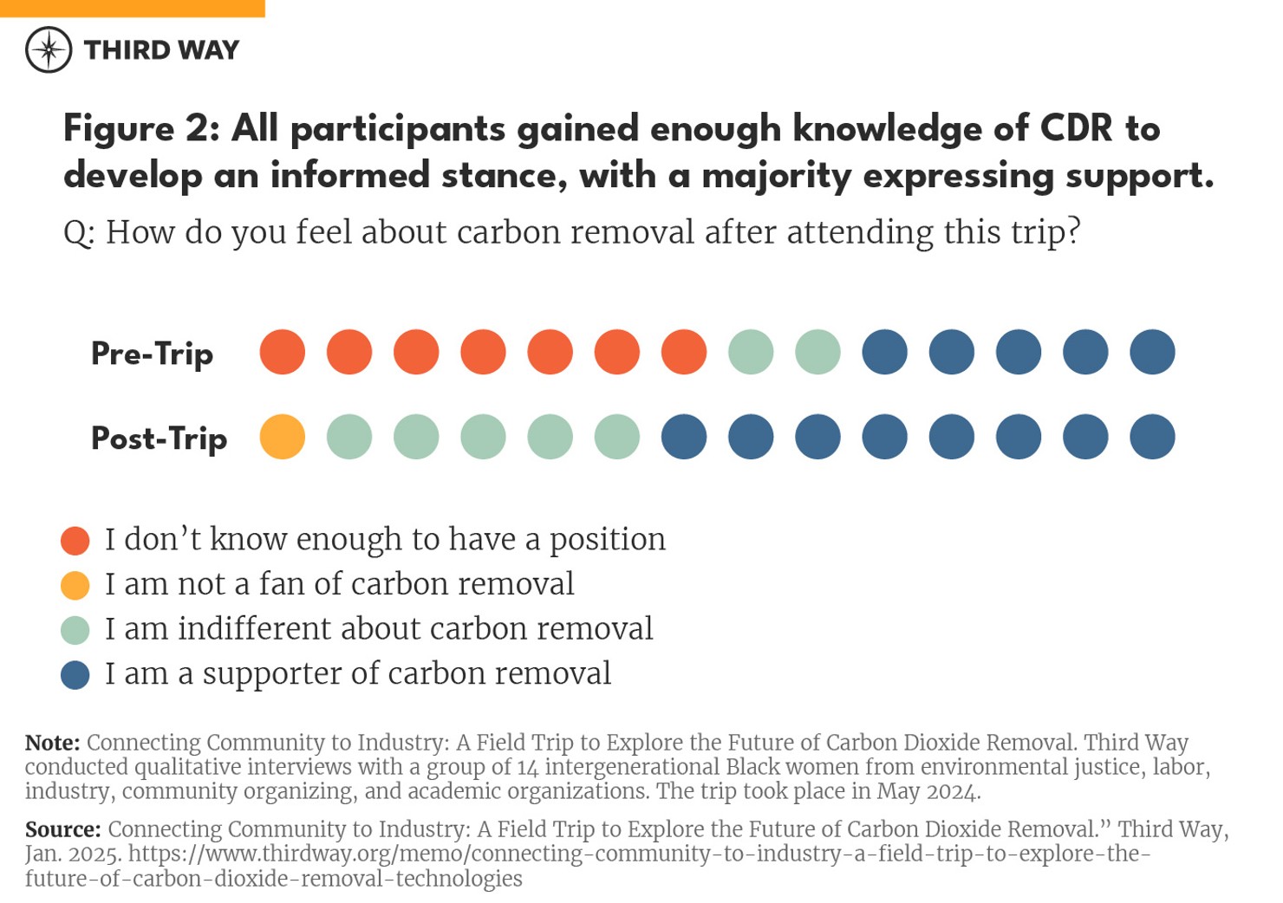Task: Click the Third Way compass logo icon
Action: (49, 49)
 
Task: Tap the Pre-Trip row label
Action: (152, 354)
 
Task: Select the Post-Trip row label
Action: (159, 438)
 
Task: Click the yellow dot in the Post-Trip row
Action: (283, 437)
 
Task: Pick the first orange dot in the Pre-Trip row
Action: (283, 352)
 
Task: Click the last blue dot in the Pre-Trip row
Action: (1152, 352)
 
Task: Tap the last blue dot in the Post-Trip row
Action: (1152, 437)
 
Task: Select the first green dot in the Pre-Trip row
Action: (751, 352)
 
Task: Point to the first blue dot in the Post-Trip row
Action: (684, 437)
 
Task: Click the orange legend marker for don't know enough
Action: (75, 540)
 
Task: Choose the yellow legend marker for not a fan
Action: (75, 585)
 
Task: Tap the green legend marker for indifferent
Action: (75, 630)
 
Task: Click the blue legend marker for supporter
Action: (75, 674)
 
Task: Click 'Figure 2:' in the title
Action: (140, 128)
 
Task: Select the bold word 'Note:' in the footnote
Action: (52, 743)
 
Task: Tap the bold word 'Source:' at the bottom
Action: (62, 829)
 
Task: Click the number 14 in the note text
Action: (527, 767)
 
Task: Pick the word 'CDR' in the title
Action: (1076, 128)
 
